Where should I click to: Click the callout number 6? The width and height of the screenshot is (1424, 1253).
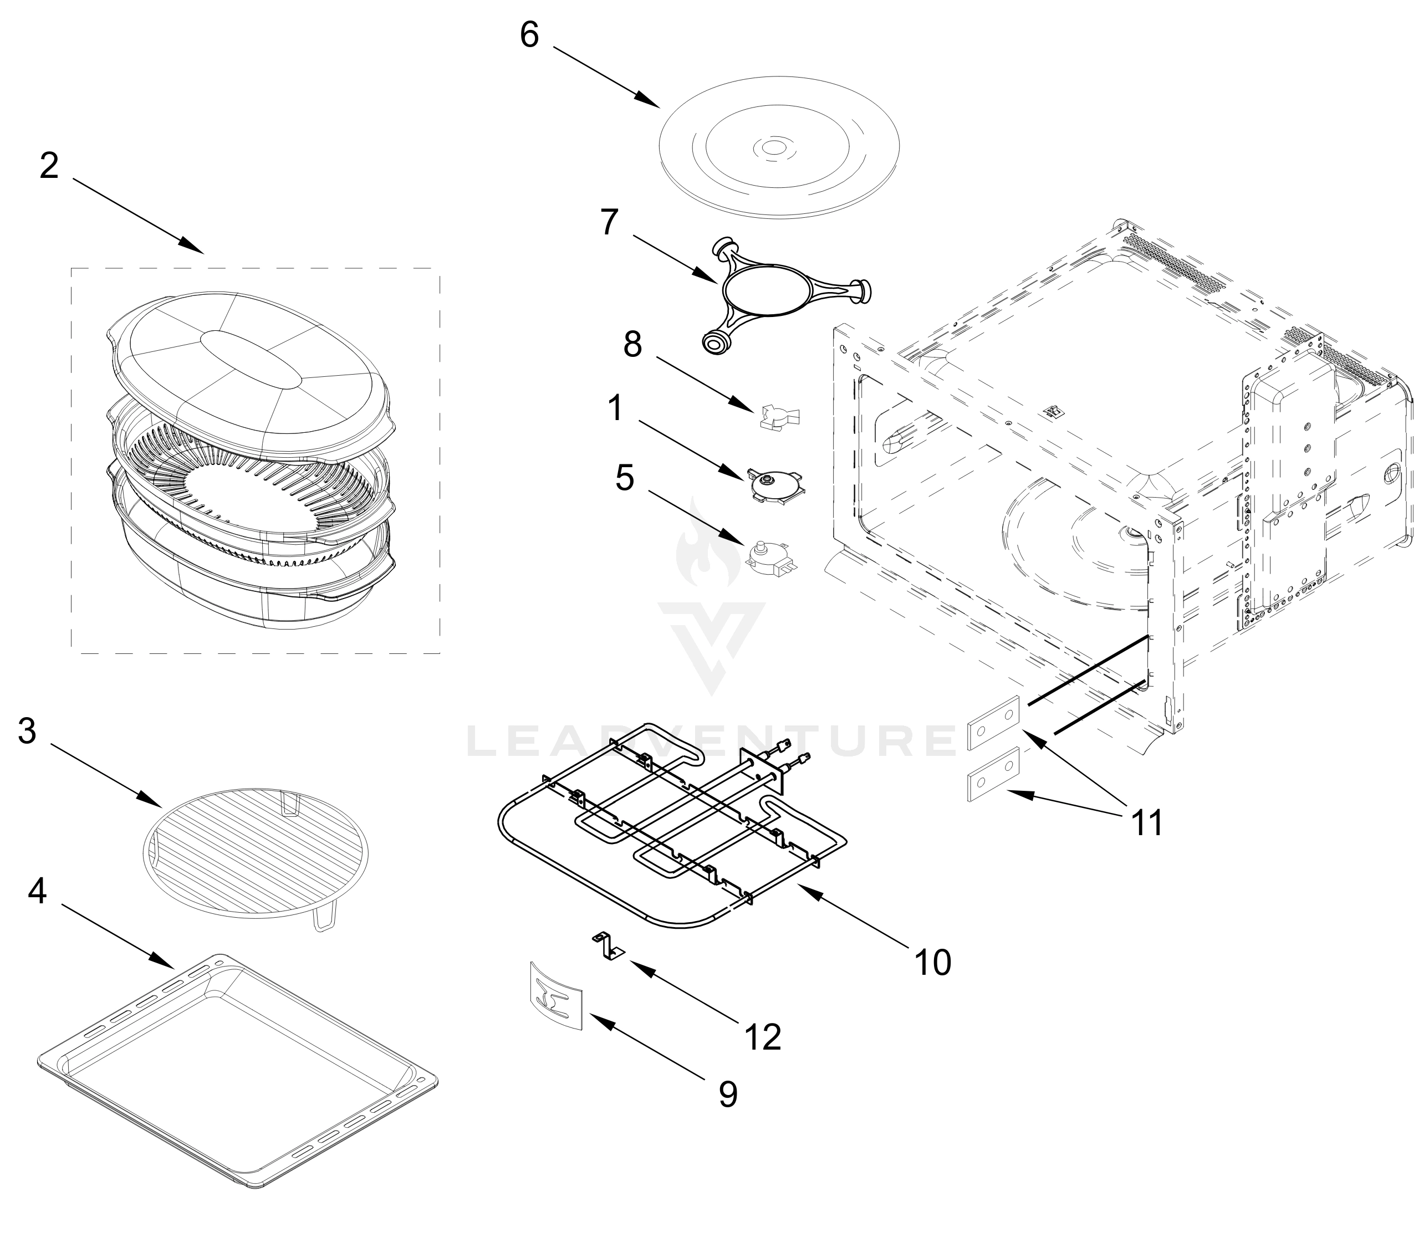click(529, 35)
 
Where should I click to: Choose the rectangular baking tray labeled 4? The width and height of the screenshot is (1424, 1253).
click(237, 1069)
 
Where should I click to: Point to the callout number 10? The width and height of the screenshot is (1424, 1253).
click(932, 962)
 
